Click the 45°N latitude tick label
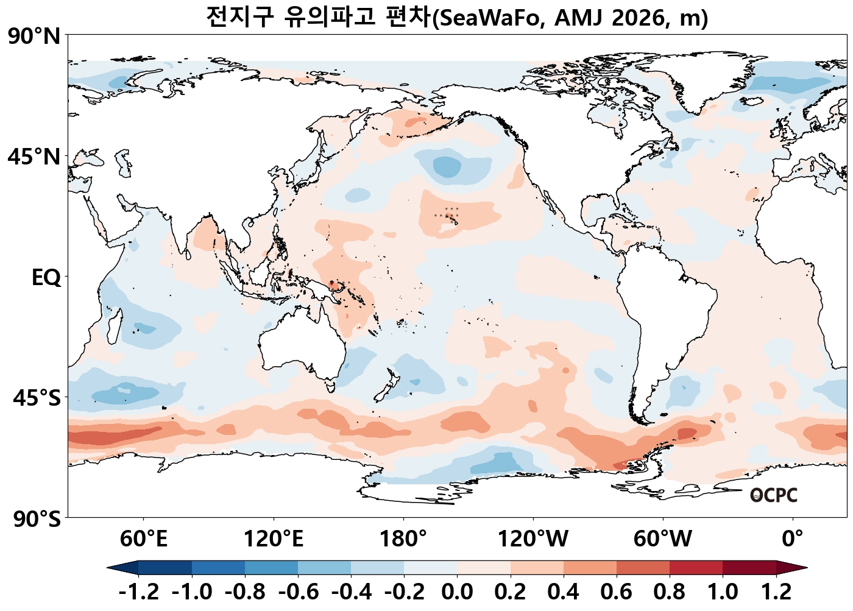pos(34,157)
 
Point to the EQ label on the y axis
pos(46,278)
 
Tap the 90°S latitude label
pos(37,520)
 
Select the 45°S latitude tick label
pos(37,398)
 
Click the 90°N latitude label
pos(34,37)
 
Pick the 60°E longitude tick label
pos(143,539)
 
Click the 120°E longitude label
pos(273,539)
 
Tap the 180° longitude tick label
pos(403,539)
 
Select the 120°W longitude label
pos(533,539)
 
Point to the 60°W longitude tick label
pos(663,539)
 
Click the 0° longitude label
pos(793,539)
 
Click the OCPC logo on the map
pos(773,495)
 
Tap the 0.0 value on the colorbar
pos(457,592)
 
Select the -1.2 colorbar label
pos(138,592)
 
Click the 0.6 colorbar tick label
pos(617,592)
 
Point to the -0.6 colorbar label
pos(298,592)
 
